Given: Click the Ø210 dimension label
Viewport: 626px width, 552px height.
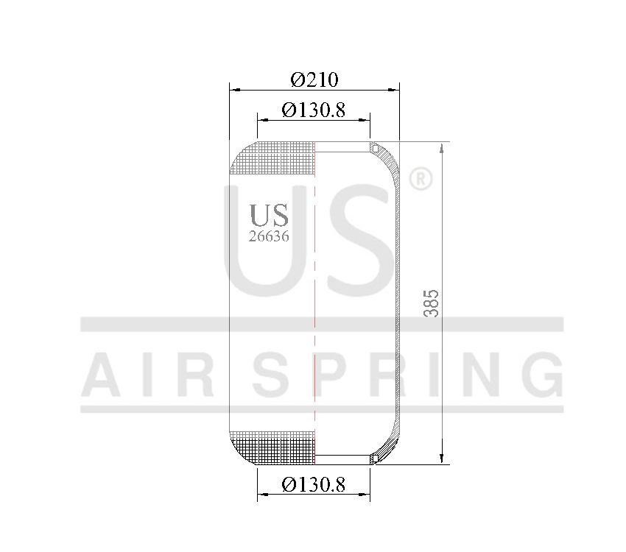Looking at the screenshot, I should click(314, 79).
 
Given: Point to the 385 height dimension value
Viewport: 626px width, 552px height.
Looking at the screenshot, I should click(432, 302).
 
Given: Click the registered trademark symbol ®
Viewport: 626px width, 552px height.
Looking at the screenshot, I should click(419, 180).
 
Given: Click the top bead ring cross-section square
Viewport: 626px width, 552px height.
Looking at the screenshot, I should click(374, 147).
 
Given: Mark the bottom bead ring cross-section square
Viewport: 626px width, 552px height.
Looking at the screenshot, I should click(374, 459).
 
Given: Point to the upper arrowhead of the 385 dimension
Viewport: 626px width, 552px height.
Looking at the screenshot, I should click(441, 147).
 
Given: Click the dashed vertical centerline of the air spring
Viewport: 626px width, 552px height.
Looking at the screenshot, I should click(315, 309).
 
